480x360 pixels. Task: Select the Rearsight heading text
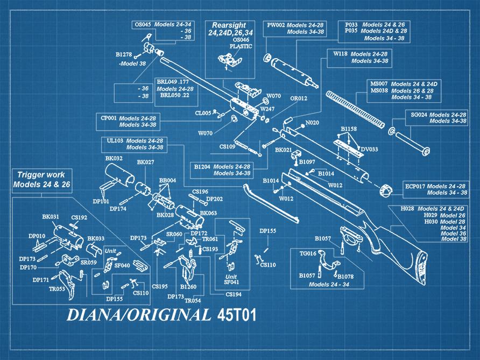coord(229,25)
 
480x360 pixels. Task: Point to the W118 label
coord(341,54)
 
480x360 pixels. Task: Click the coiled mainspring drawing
coord(358,111)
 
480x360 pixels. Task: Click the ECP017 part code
coord(415,186)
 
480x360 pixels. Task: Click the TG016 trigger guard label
coord(308,253)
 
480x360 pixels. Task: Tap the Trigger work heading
coord(41,175)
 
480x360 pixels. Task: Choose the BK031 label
coord(50,217)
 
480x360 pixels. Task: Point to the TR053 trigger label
coord(57,289)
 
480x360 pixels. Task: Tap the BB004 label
coord(167,180)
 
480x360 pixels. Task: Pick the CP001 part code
coord(109,118)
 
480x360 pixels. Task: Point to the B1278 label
coord(124,54)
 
